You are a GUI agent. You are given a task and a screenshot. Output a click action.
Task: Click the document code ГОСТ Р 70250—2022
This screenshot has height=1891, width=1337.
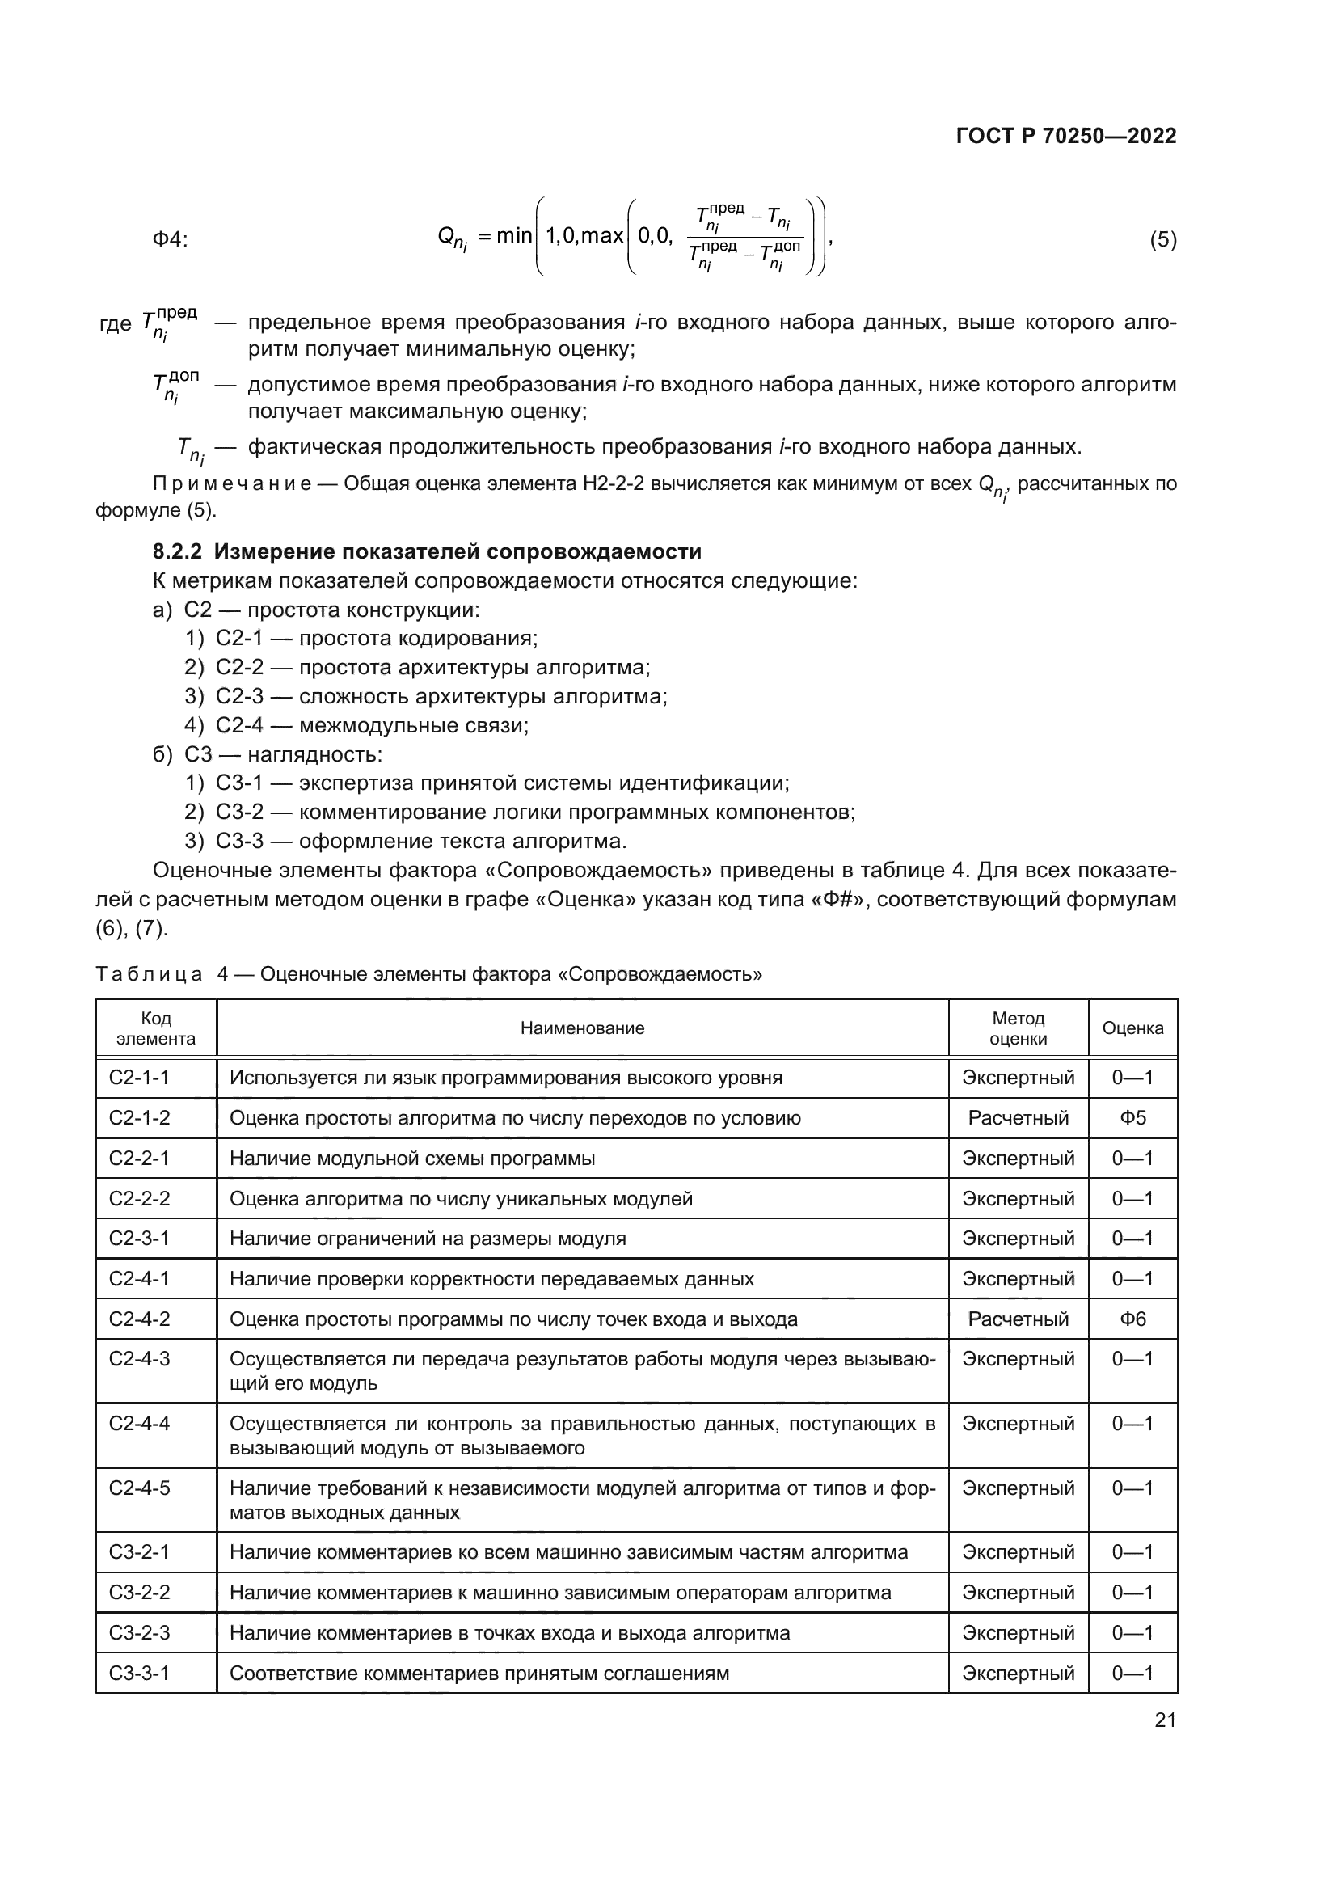coord(1065,136)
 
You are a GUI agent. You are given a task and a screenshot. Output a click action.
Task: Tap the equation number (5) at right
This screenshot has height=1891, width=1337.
coord(1162,239)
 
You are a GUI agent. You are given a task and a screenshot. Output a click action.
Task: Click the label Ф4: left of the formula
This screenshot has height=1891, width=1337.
coord(171,239)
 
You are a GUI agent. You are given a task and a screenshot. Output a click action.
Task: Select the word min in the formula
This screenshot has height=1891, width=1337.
coord(514,236)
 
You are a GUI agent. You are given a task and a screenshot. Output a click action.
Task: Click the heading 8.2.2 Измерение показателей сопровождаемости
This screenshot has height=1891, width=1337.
coord(427,551)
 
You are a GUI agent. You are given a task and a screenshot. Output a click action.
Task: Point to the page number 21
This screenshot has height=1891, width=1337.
coord(1164,1720)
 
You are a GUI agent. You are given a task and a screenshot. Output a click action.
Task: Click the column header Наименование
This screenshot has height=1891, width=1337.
coord(582,1028)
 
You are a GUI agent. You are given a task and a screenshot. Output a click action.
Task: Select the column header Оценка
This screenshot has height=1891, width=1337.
coord(1132,1028)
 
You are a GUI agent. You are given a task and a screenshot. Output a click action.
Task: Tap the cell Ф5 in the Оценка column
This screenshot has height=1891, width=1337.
coord(1132,1118)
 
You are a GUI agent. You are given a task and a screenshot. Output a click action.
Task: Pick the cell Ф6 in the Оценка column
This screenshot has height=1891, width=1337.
coord(1132,1319)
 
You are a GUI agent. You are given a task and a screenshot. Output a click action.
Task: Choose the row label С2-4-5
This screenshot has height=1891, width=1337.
coord(139,1488)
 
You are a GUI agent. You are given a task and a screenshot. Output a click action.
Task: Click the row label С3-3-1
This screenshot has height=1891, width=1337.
coord(139,1674)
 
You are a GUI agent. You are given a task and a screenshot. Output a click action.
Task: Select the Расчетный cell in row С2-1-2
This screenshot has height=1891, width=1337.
coord(1018,1118)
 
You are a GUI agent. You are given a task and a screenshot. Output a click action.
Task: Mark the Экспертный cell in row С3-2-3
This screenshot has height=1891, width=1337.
coord(1018,1633)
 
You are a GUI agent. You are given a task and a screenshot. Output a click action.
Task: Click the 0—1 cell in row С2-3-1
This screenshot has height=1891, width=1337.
coord(1132,1239)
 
